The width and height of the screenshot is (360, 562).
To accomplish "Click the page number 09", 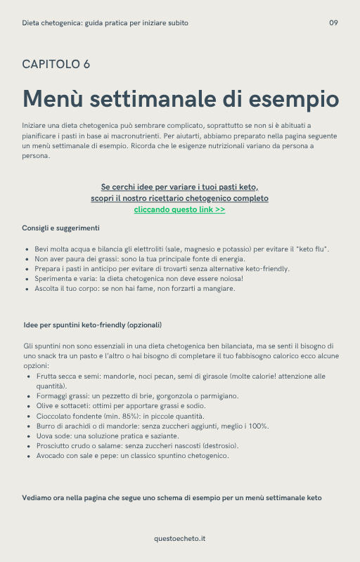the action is pyautogui.click(x=333, y=23).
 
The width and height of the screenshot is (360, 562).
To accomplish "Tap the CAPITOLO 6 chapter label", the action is pyautogui.click(x=56, y=65).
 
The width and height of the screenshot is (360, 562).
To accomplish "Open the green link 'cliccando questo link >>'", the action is pyautogui.click(x=179, y=209).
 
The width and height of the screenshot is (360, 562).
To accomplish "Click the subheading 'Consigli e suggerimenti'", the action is pyautogui.click(x=61, y=228).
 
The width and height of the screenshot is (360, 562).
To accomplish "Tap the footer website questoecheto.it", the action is pyautogui.click(x=180, y=538).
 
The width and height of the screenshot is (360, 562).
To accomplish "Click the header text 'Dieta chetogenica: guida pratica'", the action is pyautogui.click(x=105, y=23).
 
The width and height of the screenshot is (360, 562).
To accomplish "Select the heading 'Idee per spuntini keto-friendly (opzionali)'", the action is pyautogui.click(x=93, y=325).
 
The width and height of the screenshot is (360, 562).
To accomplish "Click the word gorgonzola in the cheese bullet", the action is pyautogui.click(x=161, y=396).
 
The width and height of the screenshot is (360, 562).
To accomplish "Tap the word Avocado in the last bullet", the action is pyautogui.click(x=50, y=455).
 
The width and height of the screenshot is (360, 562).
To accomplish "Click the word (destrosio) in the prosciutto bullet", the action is pyautogui.click(x=220, y=445).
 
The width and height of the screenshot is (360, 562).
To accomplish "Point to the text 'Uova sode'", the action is pyautogui.click(x=53, y=436).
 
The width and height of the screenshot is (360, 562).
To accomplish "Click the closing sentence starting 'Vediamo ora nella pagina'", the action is pyautogui.click(x=172, y=498).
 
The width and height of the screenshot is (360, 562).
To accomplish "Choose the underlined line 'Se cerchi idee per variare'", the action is pyautogui.click(x=179, y=187).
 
